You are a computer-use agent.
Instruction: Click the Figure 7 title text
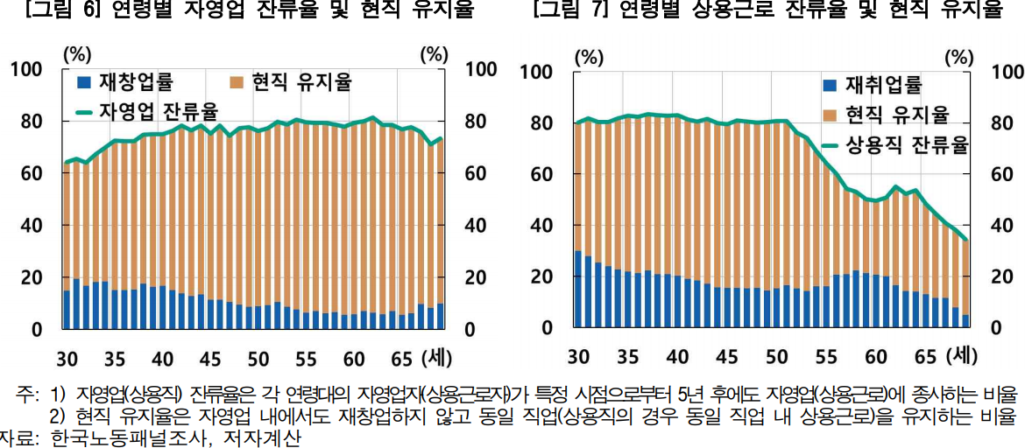coord(767,10)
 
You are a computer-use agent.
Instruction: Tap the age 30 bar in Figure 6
coord(67,246)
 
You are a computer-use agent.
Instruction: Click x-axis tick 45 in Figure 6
coord(210,358)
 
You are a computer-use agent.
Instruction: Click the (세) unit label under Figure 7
coord(961,356)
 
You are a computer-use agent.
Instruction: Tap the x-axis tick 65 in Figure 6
coord(402,358)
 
